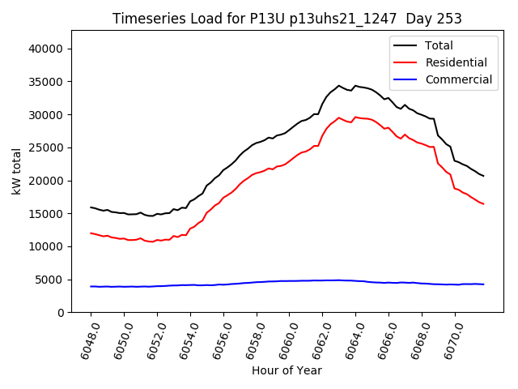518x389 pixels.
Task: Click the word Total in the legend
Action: tap(439, 45)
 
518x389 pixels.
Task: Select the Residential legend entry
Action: tap(456, 62)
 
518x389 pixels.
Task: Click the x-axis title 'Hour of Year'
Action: tap(287, 370)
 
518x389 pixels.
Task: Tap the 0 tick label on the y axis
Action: tap(61, 313)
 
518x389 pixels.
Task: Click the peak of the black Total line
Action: tap(339, 85)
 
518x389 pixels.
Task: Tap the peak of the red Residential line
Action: tap(339, 118)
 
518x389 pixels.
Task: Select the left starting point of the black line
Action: tap(91, 207)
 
